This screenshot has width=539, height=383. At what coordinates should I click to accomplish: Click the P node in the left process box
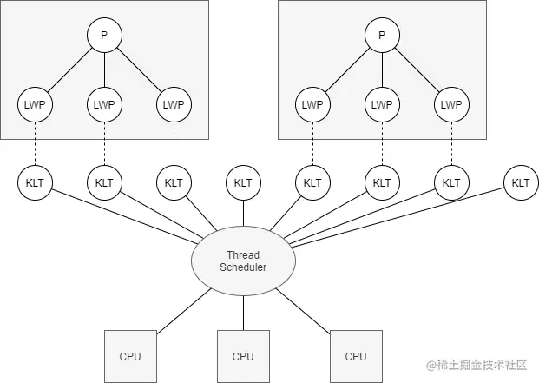104,36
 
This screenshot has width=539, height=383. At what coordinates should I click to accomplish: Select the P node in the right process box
382,36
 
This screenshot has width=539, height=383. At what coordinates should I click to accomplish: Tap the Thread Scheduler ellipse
243,261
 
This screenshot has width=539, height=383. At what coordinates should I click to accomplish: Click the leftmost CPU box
130,355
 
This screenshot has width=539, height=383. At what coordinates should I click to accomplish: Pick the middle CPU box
243,355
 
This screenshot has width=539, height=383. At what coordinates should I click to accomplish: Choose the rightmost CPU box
356,355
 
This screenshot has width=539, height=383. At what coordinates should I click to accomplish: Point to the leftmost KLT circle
35,183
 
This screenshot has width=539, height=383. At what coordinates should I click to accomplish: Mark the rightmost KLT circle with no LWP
521,183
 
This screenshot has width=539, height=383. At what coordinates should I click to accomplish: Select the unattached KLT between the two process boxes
243,183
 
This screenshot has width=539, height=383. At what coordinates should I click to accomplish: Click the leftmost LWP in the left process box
35,105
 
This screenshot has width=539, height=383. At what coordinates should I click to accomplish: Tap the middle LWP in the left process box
104,105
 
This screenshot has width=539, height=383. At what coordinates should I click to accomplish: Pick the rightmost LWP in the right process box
451,105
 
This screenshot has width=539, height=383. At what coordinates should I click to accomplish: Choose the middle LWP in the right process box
382,105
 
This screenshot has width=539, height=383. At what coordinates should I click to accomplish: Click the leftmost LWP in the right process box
312,105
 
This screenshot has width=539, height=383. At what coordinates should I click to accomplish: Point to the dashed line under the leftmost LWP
35,144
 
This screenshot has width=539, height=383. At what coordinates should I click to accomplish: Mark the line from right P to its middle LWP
382,70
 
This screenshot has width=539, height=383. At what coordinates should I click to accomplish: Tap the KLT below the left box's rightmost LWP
174,183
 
